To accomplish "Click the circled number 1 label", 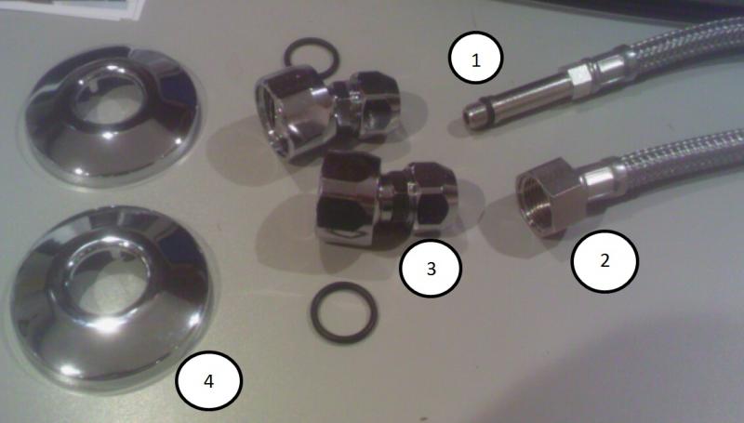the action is (x=475, y=58).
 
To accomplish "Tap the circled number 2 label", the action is (x=604, y=261).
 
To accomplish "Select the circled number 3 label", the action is (x=431, y=269).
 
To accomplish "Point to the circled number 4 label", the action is (x=208, y=381).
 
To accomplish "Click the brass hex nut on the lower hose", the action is (x=551, y=197).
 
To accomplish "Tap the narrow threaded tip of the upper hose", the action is (x=472, y=117).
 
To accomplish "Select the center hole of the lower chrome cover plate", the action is (x=112, y=279).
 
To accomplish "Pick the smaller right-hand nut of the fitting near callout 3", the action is (x=432, y=198).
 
